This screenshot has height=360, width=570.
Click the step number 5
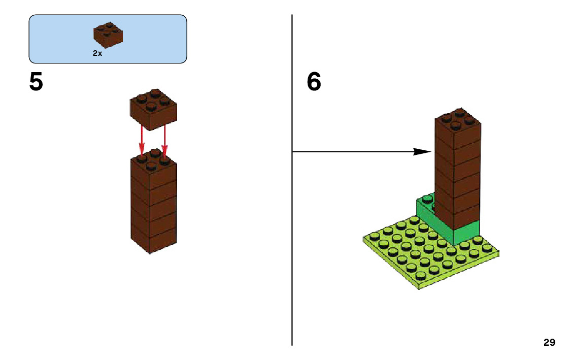[x=36, y=82]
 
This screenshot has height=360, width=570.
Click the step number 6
[x=314, y=82]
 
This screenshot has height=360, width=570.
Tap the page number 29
[x=549, y=342]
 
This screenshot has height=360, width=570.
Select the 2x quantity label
[x=97, y=53]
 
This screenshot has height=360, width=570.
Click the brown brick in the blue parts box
[x=108, y=36]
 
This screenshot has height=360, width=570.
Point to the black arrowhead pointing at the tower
[x=422, y=151]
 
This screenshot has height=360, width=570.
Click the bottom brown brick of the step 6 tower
[x=457, y=216]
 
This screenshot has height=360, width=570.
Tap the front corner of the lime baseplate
[x=419, y=286]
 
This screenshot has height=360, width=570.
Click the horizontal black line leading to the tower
[x=355, y=151]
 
